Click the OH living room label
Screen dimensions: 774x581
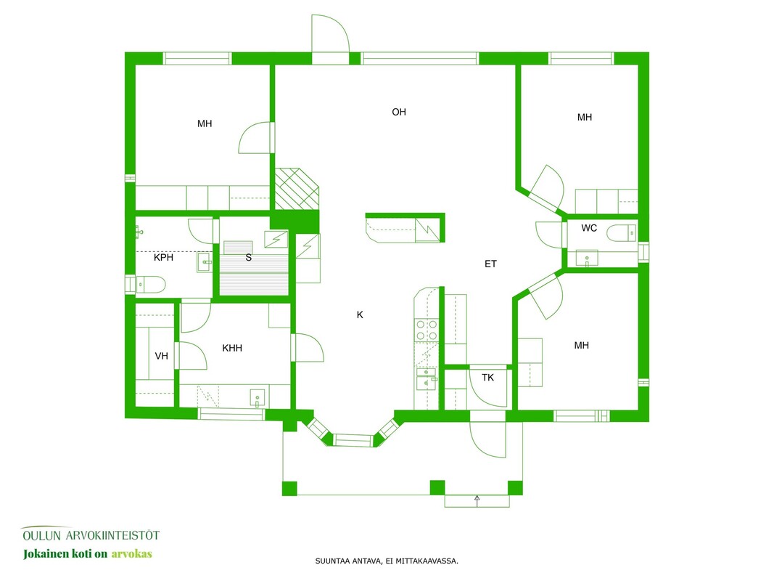[x=399, y=112]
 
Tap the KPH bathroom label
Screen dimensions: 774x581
[x=163, y=257]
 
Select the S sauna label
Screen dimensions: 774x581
[x=249, y=257]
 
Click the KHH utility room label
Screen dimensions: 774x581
[x=232, y=349]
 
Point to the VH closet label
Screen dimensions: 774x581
[x=162, y=356]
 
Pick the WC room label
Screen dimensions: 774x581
[x=589, y=228]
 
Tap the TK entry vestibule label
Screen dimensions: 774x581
[x=487, y=378]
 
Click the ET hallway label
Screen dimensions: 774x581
[x=490, y=264]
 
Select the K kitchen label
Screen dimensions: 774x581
[x=360, y=314]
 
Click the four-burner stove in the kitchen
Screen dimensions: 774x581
[x=427, y=330]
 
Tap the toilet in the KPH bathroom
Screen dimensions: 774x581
[x=151, y=285]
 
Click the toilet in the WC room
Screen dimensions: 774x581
[x=622, y=233]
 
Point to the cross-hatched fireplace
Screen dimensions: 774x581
[x=297, y=189]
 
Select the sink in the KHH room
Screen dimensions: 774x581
[x=258, y=398]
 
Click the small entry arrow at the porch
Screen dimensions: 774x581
[x=477, y=500]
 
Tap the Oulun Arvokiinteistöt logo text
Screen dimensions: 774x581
[x=91, y=535]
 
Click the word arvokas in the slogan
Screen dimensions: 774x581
[x=131, y=554]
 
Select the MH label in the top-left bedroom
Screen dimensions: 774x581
[x=205, y=124]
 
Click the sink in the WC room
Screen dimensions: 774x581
[x=587, y=259]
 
